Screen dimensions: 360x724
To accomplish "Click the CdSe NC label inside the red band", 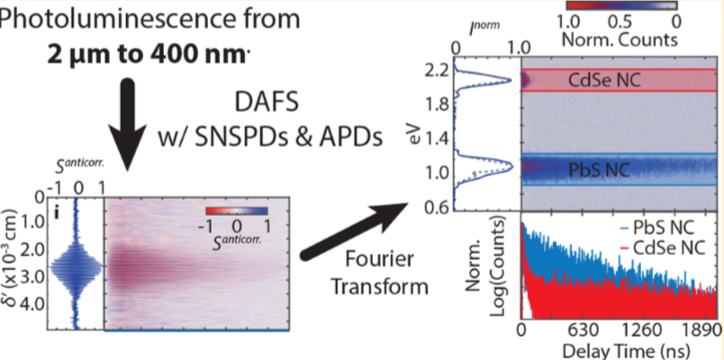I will [604, 80].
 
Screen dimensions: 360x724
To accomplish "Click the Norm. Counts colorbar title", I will [618, 40].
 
